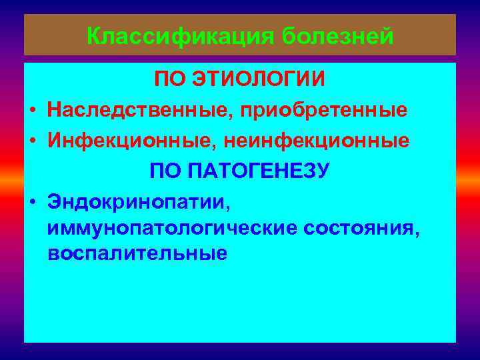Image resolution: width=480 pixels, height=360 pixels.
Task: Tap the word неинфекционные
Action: tap(319, 140)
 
